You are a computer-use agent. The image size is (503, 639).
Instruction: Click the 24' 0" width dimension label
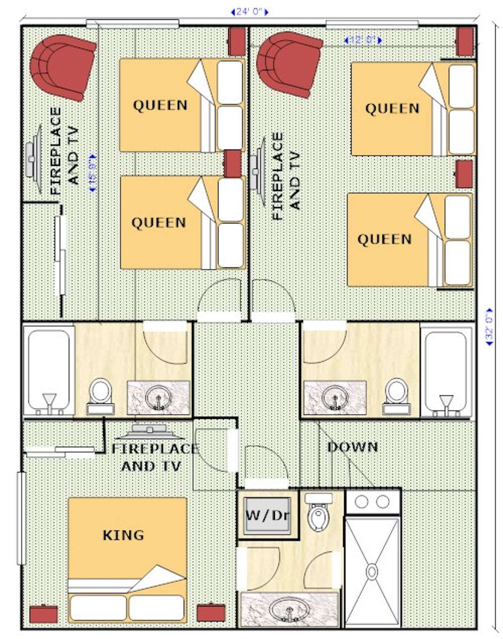click(x=250, y=12)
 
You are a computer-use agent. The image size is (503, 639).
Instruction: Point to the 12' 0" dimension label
click(x=363, y=40)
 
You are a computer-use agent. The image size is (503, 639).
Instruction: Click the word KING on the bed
click(x=123, y=535)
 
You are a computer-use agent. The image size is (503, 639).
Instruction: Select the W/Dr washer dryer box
click(x=267, y=516)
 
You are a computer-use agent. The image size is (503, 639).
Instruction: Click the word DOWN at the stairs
click(x=352, y=447)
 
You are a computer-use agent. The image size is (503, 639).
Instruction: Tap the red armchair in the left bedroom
click(x=63, y=67)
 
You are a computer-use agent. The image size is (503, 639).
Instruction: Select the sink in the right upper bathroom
click(x=335, y=397)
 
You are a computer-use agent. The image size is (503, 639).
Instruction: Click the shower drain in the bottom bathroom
click(x=372, y=571)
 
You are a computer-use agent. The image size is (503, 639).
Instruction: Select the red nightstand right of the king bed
click(x=211, y=612)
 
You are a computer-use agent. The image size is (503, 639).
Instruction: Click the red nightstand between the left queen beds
click(x=233, y=164)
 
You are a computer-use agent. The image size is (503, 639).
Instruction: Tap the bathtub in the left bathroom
click(x=49, y=370)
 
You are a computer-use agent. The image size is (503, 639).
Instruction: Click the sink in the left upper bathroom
click(x=158, y=398)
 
